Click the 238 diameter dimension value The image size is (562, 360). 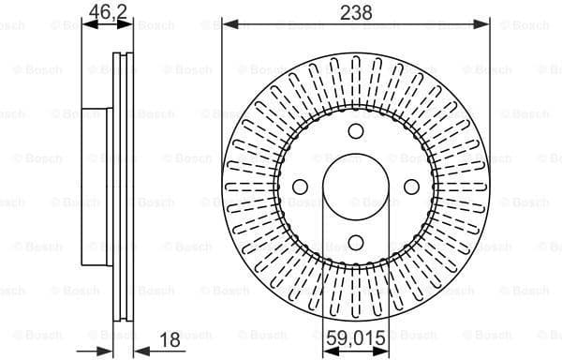[x=355, y=11]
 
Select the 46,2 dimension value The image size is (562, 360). [x=106, y=11]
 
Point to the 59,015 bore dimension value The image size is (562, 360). [x=356, y=334]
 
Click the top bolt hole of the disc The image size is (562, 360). [x=356, y=131]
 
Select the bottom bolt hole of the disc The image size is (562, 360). [x=356, y=243]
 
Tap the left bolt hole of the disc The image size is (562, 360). [x=301, y=187]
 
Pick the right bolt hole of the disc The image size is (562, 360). [x=411, y=187]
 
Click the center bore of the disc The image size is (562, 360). [x=356, y=187]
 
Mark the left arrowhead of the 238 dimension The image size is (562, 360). [x=227, y=24]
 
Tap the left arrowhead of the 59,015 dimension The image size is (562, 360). [x=327, y=350]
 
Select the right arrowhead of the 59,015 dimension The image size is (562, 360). [x=384, y=350]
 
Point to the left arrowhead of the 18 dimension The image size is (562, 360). [x=109, y=350]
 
